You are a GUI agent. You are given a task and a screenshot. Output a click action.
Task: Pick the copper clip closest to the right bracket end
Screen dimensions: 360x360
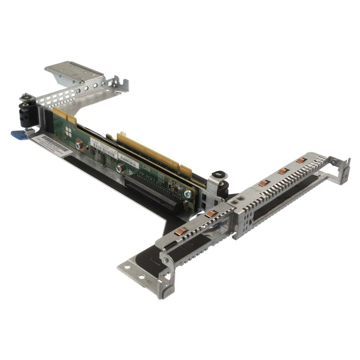pyautogui.click(x=301, y=160)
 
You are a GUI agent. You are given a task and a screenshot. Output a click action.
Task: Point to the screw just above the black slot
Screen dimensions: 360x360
pyautogui.click(x=120, y=168)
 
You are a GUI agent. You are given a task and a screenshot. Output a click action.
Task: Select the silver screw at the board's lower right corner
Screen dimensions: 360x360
pyautogui.click(x=187, y=193)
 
